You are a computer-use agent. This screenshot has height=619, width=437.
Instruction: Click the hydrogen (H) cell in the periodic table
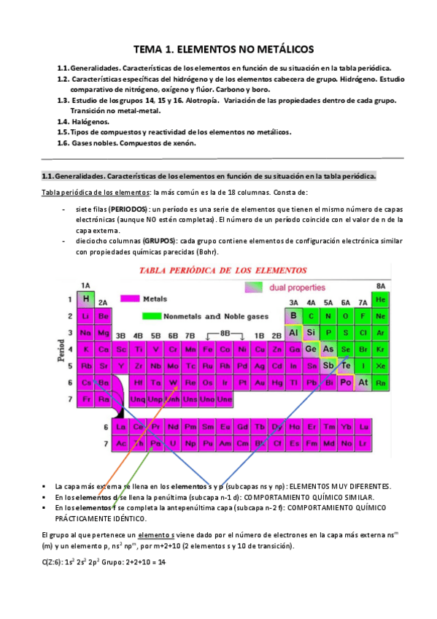[x=85, y=299]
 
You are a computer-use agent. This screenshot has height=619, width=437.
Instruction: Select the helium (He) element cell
[x=379, y=299]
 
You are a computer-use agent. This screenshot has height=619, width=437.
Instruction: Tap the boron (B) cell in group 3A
[x=293, y=315]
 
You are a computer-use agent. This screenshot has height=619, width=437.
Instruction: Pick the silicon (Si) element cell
[x=310, y=332]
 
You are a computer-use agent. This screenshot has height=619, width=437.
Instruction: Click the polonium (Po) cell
[x=345, y=382]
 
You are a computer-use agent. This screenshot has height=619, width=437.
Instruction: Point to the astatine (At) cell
[x=363, y=382]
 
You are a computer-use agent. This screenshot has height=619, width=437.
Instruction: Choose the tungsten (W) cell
[x=173, y=382]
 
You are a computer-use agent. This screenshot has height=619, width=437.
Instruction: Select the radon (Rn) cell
[x=379, y=382]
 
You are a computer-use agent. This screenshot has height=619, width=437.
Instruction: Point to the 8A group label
[x=379, y=285]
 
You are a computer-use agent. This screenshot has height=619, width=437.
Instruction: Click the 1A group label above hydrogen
[x=85, y=285]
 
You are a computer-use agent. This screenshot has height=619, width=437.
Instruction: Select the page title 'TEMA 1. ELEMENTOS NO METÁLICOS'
[x=218, y=50]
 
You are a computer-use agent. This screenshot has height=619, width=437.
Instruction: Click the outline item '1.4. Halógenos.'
[x=83, y=122]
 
